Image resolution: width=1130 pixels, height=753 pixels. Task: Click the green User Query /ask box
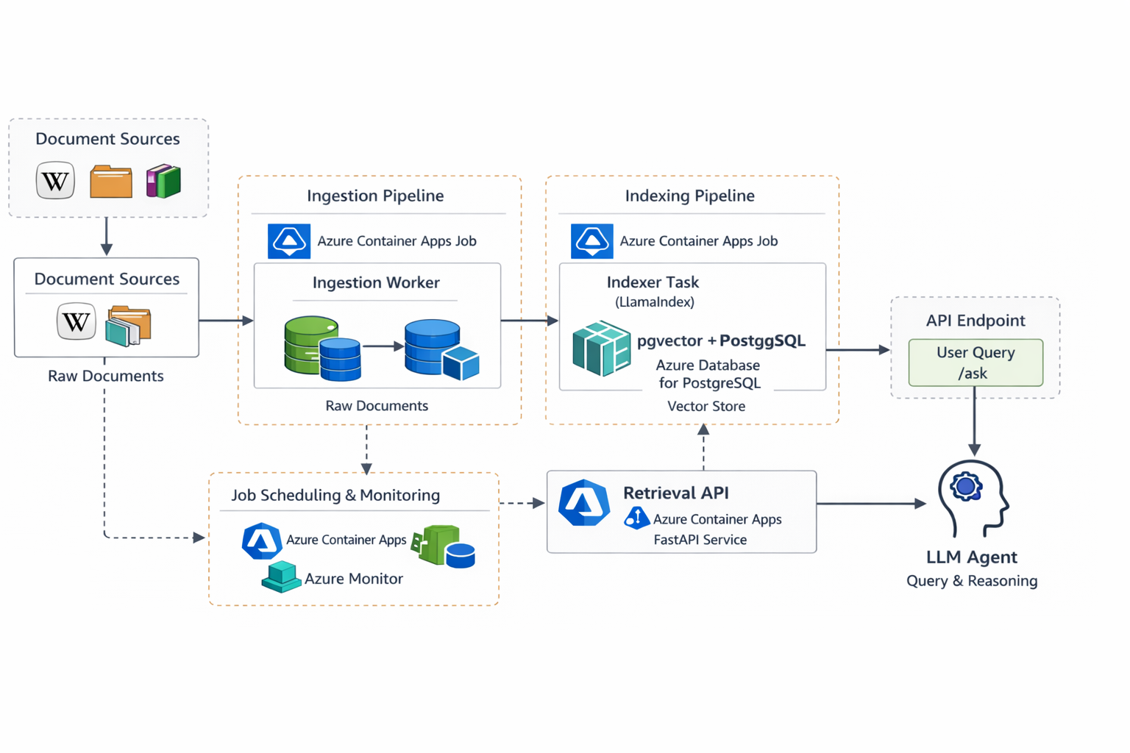click(976, 363)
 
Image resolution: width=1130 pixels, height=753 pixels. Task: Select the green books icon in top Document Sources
click(163, 181)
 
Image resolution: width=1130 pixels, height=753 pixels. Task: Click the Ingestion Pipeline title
click(375, 196)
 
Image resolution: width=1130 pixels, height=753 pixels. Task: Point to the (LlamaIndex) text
click(654, 301)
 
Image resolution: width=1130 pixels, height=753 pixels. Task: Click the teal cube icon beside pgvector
click(601, 348)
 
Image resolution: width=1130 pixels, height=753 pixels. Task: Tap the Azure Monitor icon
click(281, 577)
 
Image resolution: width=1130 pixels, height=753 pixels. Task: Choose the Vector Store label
click(706, 406)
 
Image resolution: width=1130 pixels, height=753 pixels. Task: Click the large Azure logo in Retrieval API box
click(584, 504)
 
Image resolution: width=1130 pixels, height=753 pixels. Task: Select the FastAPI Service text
click(700, 540)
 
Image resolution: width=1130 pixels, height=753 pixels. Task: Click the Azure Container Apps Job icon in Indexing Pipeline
click(591, 241)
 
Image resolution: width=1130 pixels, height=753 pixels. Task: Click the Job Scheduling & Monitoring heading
click(335, 495)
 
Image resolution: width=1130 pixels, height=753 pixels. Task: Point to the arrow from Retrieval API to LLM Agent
click(871, 504)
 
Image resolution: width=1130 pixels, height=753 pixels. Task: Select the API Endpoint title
click(975, 321)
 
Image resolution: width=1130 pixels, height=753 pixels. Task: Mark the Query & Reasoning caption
click(971, 581)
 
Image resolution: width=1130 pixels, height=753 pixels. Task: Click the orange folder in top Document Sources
click(111, 182)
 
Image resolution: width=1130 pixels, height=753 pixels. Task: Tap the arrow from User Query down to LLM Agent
click(974, 419)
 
